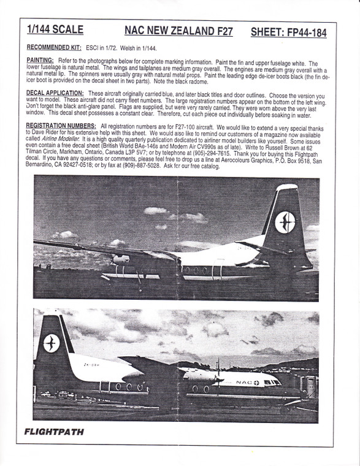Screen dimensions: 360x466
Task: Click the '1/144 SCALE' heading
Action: pos(55,29)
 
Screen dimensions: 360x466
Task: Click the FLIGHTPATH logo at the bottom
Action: pos(54,431)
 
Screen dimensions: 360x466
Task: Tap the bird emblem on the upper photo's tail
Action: pos(285,221)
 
